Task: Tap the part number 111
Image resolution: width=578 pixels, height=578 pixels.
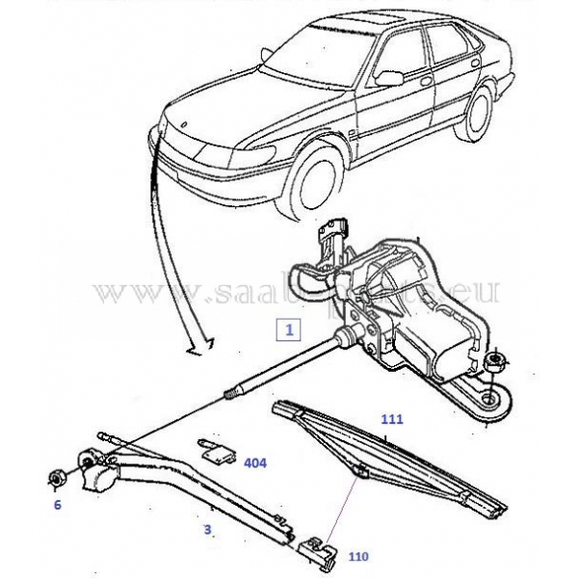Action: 391,420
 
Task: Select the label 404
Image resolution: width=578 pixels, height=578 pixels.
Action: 254,463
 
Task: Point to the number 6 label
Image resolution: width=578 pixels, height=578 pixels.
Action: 57,504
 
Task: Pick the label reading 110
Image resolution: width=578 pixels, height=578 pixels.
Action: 359,557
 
